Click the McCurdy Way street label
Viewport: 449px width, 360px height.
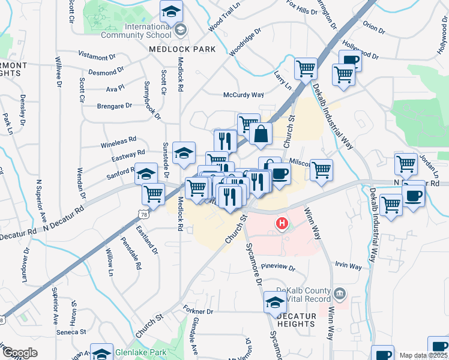click(244, 95)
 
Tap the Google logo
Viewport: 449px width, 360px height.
click(20, 353)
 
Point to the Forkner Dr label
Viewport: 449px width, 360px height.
click(199, 311)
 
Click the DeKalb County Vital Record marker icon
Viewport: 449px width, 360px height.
click(340, 293)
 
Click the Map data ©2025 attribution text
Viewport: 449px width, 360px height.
click(423, 355)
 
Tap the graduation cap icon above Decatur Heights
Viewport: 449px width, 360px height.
click(275, 302)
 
